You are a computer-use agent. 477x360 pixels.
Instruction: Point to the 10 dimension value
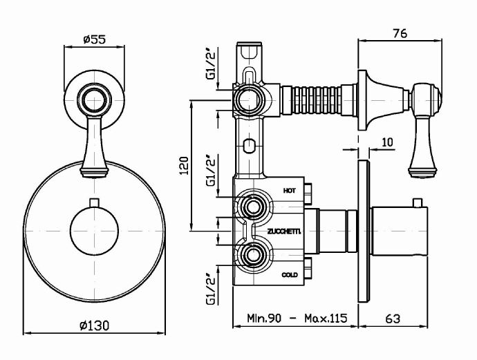(386, 142)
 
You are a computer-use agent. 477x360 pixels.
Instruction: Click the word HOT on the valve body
(290, 189)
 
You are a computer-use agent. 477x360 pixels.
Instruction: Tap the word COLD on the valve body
(290, 275)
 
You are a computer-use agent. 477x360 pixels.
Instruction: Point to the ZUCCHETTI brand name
(280, 232)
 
